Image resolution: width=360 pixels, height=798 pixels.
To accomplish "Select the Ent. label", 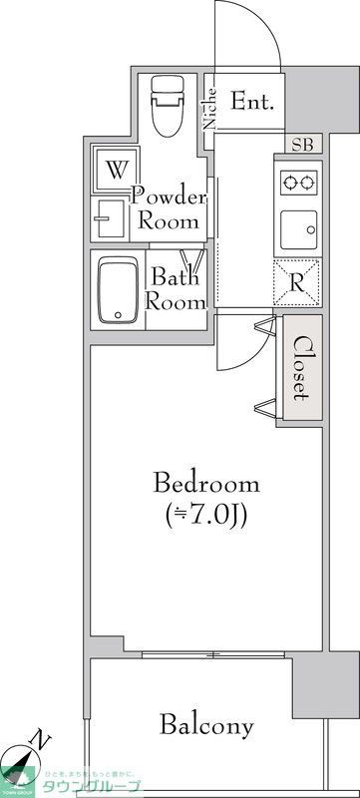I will point(253,101).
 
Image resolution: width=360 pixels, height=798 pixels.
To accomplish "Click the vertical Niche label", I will point(210,110).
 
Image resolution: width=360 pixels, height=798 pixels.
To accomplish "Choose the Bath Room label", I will point(176,289).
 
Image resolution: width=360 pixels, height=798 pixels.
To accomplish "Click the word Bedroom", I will point(205,485).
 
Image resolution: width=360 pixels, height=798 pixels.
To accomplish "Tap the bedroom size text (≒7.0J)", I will point(205,516).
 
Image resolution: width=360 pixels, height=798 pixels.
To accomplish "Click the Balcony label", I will point(207,725).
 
